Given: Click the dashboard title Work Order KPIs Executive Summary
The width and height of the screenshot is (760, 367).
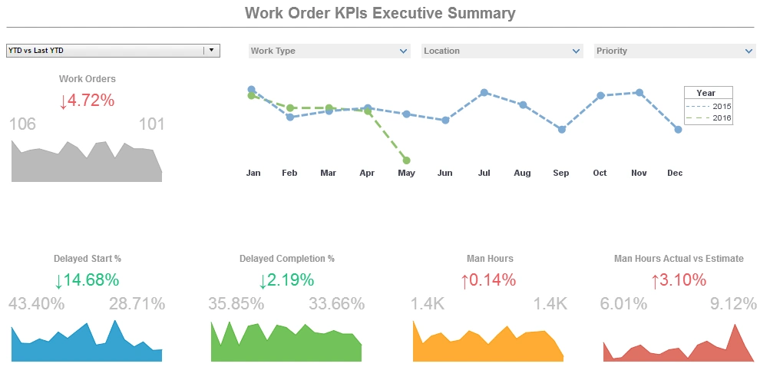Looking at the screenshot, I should click(380, 13).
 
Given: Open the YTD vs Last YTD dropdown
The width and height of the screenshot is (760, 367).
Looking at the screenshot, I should click(113, 51).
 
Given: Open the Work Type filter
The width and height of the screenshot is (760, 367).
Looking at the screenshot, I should click(329, 51).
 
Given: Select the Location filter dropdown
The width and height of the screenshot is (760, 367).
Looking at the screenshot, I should click(502, 51).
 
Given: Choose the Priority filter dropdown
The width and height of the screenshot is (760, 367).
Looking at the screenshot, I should click(675, 51).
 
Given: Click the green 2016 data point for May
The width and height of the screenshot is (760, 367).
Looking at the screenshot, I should click(406, 160).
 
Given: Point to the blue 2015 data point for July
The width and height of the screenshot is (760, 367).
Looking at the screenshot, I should click(484, 92).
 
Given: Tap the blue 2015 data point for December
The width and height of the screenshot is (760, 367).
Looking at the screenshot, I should click(678, 130).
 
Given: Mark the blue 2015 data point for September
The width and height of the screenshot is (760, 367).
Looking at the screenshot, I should click(562, 130).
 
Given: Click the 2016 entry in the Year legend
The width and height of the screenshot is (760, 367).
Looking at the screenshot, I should click(710, 118).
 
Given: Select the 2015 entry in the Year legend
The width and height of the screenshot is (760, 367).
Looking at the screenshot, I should click(710, 106).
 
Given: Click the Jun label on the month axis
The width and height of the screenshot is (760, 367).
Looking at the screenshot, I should click(444, 174).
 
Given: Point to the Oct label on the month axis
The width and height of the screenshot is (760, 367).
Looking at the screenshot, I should click(600, 174).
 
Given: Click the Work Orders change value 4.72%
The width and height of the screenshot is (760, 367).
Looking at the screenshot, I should click(87, 101).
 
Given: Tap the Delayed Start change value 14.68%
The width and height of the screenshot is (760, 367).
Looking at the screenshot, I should click(87, 280).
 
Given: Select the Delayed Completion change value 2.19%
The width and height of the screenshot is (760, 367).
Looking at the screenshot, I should click(286, 280).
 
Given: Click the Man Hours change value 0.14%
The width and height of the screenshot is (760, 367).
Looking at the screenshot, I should click(488, 280).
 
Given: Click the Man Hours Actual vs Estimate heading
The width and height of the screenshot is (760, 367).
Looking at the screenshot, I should click(679, 259).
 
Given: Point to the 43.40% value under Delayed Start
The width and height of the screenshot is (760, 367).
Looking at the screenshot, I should click(37, 304).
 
